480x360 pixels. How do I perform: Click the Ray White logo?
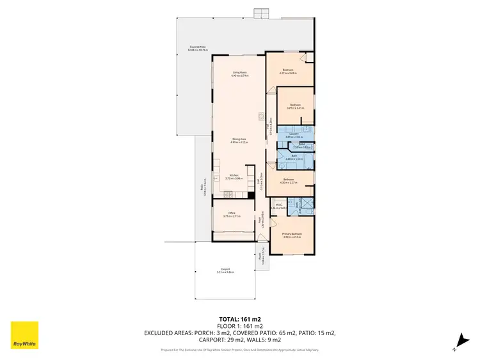(x=24, y=335)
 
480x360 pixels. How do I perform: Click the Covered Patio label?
(x=197, y=49)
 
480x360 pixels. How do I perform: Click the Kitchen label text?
(x=235, y=177)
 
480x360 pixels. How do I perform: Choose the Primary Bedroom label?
(x=292, y=235)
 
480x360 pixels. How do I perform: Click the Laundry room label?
(x=294, y=136)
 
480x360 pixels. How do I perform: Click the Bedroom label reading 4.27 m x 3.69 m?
(x=288, y=72)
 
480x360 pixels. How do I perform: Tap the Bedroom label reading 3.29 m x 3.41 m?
(x=295, y=106)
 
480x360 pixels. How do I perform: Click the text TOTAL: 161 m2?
(x=239, y=318)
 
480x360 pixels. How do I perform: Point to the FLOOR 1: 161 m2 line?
(x=239, y=325)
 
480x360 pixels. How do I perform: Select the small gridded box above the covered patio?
(x=259, y=13)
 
